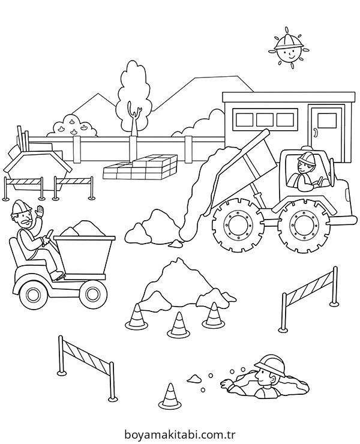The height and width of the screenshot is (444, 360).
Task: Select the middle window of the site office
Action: click(265, 119)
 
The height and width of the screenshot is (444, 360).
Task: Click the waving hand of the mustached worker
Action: click(40, 212)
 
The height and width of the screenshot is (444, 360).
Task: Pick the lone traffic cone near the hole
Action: click(170, 395)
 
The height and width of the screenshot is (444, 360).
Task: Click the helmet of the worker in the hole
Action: click(271, 365)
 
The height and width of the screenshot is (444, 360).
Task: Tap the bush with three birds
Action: click(72, 126)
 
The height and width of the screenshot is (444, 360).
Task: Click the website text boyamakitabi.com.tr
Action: click(180, 434)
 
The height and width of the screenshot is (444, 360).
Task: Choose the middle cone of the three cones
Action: click(178, 325)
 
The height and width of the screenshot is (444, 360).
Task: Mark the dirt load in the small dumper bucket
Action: click(83, 228)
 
